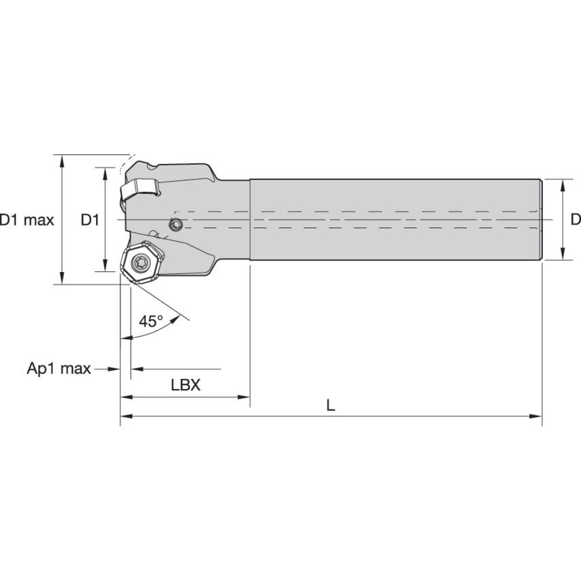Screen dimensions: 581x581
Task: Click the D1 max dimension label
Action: click(27, 220)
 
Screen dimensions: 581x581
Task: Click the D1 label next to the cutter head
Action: click(90, 220)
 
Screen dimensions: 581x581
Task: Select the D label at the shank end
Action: click(575, 219)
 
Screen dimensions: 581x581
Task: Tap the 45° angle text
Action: click(151, 321)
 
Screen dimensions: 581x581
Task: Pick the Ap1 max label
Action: click(59, 369)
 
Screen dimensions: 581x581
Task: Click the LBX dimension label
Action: click(185, 385)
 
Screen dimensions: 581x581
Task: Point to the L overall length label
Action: click(331, 405)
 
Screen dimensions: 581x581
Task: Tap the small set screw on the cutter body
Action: click(176, 225)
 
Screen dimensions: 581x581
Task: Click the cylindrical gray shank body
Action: click(395, 219)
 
